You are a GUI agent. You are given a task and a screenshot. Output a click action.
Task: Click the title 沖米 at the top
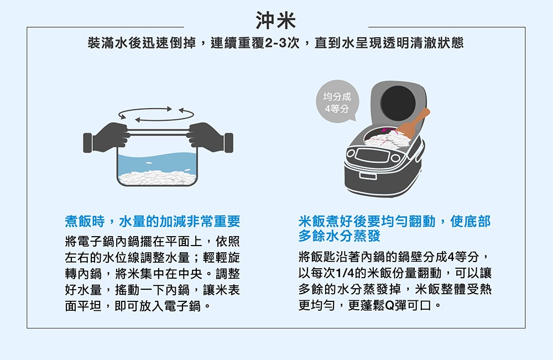tap(276, 20)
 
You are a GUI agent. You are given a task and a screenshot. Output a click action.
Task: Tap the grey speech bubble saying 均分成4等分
tap(337, 101)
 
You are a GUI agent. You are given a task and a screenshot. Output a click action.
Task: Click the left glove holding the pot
tap(106, 138)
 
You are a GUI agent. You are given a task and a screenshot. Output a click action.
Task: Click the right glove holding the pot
tap(210, 138)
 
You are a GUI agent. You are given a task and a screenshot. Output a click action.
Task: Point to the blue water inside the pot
tap(157, 162)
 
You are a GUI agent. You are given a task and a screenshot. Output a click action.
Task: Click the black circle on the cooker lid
tap(398, 103)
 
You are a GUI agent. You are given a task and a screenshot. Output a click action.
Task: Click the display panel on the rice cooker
tap(372, 155)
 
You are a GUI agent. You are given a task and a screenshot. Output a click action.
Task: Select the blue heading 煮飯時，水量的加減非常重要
tap(153, 221)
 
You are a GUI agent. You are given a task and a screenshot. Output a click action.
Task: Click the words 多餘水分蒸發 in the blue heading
tap(340, 236)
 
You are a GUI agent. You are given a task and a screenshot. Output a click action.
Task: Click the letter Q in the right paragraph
tap(389, 305)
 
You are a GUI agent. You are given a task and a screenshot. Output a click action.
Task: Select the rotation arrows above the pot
tap(156, 114)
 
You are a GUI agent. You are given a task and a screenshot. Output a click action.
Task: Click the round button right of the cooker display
tap(395, 158)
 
